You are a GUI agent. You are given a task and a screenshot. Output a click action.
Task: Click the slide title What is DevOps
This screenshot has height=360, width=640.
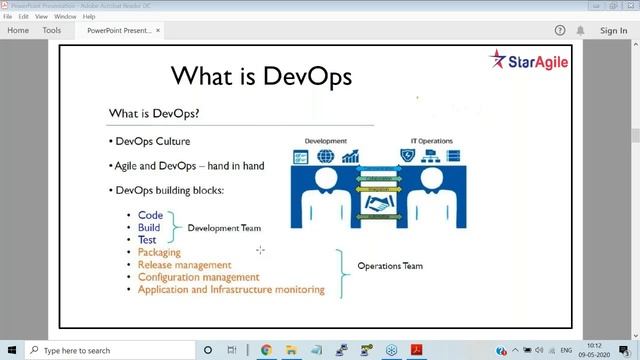[x=262, y=76]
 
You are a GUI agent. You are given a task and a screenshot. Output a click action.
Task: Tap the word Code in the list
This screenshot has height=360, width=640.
[x=150, y=215]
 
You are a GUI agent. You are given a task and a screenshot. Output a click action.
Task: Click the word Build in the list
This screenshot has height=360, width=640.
[x=149, y=227]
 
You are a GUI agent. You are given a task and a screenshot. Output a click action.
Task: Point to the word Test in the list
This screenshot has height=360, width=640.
[x=148, y=240]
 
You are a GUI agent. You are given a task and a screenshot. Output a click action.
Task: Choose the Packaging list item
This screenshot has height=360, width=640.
[x=166, y=253]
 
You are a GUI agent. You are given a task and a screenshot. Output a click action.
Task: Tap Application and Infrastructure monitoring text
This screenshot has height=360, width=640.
[x=231, y=290]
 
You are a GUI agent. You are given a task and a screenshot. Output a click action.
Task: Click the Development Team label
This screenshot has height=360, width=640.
[x=224, y=228]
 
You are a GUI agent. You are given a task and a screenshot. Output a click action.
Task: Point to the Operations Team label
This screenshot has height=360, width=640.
[x=390, y=266]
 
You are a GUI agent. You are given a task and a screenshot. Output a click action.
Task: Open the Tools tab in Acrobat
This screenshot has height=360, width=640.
[x=51, y=31]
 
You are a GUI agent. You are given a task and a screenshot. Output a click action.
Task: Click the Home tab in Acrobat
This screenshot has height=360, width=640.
[x=18, y=31]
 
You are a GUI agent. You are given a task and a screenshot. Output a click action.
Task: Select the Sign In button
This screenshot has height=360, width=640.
[x=613, y=31]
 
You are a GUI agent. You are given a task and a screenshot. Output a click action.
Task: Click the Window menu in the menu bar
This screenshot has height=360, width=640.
[x=65, y=17]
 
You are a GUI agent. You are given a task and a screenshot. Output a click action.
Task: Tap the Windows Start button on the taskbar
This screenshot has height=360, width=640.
[x=10, y=350]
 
